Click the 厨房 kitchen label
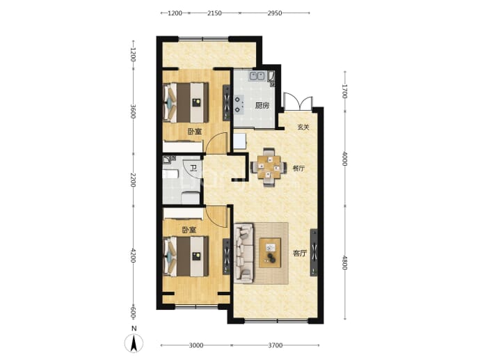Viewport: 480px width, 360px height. click(262, 106)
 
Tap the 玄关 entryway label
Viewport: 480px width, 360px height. click(303, 127)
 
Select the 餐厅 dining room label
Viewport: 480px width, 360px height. click(298, 169)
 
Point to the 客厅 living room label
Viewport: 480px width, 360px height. click(300, 253)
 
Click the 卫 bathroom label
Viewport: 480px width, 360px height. click(193, 168)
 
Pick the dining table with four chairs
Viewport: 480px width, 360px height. click(269, 167)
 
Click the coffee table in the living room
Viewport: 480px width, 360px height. click(270, 253)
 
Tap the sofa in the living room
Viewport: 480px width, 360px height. click(244, 253)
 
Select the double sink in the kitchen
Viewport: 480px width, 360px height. click(257, 76)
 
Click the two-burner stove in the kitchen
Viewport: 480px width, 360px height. click(239, 104)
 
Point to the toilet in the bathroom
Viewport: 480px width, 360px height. click(191, 197)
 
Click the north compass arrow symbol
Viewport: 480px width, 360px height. click(134, 343)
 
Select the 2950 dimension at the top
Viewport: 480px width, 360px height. click(275, 13)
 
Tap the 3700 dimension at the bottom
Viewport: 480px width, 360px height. click(275, 345)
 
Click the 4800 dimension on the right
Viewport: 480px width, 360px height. click(344, 263)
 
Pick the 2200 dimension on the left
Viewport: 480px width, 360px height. click(133, 180)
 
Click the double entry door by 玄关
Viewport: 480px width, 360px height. click(298, 102)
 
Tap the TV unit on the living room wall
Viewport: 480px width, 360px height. click(314, 253)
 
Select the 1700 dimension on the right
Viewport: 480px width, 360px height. click(344, 91)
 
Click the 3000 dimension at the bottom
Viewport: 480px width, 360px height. click(196, 345)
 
